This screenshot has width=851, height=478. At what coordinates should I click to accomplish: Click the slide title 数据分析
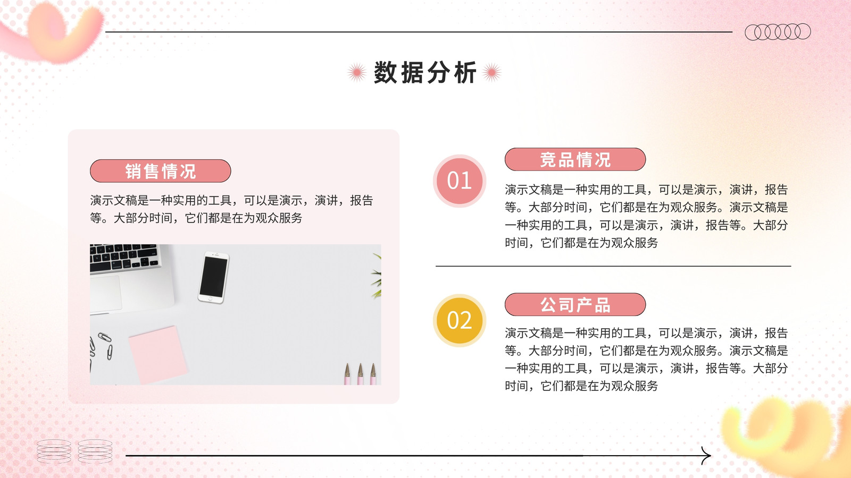click(425, 72)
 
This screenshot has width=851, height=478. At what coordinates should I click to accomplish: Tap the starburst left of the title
click(357, 72)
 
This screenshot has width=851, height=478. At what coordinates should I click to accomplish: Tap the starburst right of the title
click(491, 72)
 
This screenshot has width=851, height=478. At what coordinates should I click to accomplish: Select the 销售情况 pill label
click(160, 171)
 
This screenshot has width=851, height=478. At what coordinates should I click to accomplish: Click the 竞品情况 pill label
click(575, 159)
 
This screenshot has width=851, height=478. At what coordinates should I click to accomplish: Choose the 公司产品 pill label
click(575, 305)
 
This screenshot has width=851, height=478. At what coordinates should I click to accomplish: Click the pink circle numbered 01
click(460, 181)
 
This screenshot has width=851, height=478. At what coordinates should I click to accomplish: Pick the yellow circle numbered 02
click(460, 321)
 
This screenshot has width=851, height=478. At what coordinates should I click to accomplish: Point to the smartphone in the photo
click(213, 277)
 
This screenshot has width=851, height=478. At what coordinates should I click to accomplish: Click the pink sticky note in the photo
click(158, 355)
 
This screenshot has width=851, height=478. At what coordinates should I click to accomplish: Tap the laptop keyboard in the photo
click(124, 258)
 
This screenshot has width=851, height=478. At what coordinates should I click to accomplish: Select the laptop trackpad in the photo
click(106, 294)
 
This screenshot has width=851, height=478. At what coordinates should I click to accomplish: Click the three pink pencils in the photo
click(360, 374)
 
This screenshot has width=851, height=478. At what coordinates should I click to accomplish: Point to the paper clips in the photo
click(101, 347)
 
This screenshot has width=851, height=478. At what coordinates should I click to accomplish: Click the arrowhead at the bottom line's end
click(706, 456)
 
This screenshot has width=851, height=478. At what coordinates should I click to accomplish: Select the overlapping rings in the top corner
click(778, 32)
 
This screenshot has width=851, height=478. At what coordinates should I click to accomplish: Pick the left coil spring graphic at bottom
click(54, 451)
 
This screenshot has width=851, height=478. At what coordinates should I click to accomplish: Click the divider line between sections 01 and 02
click(613, 266)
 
